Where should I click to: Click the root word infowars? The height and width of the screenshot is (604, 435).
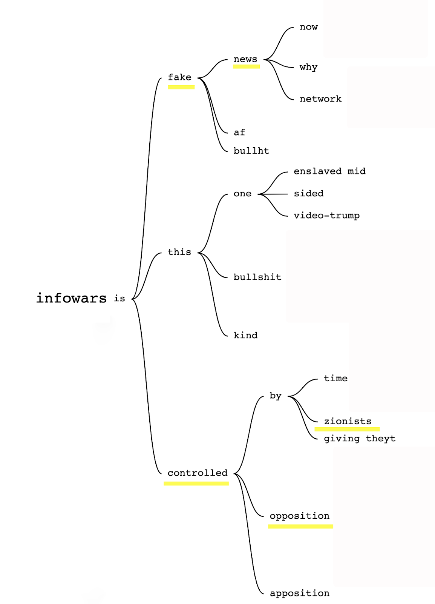point(71,298)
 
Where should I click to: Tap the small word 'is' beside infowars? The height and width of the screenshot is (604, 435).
point(119,299)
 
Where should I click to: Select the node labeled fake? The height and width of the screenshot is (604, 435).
point(179,77)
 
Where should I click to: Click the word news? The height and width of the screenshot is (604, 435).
point(245,59)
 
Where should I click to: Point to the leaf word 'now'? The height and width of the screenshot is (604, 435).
point(309,27)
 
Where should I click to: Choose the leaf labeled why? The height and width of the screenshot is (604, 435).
point(308,67)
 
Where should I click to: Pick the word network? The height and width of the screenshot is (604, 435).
point(320,99)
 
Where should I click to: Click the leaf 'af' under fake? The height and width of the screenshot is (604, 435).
point(239,133)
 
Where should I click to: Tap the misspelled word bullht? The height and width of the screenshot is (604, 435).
point(251,151)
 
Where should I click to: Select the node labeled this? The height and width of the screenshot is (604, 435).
point(179,252)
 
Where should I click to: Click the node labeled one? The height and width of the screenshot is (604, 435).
point(242,194)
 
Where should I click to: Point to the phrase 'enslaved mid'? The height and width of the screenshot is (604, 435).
point(329,171)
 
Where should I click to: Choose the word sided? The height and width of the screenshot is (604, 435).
point(309,194)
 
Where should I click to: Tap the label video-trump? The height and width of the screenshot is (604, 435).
point(326,216)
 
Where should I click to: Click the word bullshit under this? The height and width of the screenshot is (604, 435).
point(257,277)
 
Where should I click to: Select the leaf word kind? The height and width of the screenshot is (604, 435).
point(245,335)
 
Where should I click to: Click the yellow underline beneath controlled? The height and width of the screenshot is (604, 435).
point(196,483)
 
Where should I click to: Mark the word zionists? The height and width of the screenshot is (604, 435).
point(348,421)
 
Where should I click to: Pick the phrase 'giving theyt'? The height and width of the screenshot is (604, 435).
point(360,439)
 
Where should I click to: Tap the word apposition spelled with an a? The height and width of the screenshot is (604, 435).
point(299,593)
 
